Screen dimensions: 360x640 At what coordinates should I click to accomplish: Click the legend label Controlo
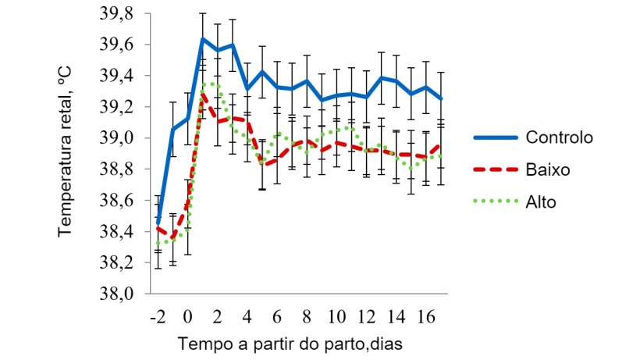point(559,137)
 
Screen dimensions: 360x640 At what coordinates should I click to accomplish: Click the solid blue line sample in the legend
point(496,137)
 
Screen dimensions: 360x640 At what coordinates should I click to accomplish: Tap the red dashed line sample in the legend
point(496,169)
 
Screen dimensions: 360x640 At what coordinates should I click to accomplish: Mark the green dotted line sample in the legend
point(496,201)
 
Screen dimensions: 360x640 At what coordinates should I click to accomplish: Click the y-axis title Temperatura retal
point(66,153)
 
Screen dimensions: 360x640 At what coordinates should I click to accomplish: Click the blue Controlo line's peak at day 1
point(202,39)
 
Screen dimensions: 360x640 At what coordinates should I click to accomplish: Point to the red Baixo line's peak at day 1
point(202,94)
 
